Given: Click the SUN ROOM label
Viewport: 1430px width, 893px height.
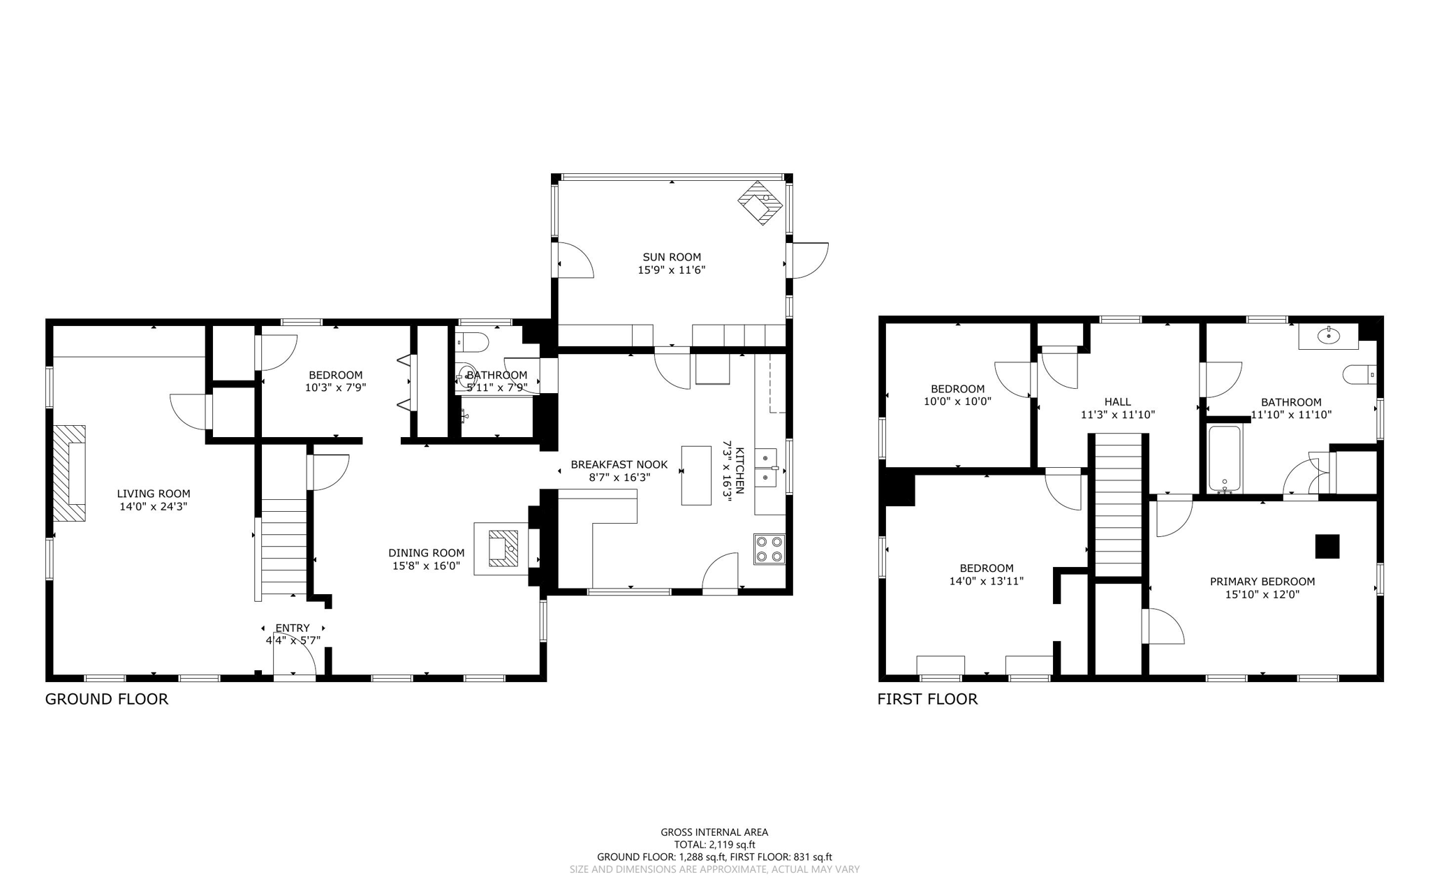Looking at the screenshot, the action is point(672,257).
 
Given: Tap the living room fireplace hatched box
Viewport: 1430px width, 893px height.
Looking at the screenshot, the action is point(70,473).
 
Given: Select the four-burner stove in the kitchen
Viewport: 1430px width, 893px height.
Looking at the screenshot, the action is point(769,549).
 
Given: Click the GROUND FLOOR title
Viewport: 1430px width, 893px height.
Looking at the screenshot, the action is point(107,699).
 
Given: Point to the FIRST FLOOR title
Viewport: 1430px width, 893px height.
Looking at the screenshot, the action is point(927,699).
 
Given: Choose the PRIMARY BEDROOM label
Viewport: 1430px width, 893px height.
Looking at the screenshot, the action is point(1262,582).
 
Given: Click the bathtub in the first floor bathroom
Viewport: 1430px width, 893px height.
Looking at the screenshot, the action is point(1225,459).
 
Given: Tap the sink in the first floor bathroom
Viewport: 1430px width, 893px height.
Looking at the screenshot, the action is point(1328,337).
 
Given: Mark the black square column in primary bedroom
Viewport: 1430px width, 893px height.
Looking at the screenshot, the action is point(1327,547).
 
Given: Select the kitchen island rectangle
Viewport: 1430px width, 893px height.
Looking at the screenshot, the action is point(696,475).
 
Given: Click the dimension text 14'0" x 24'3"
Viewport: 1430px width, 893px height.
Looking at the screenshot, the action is point(154,507).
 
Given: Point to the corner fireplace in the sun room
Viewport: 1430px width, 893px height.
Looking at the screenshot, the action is point(760,203).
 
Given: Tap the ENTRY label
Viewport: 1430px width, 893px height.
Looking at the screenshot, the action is point(293,628).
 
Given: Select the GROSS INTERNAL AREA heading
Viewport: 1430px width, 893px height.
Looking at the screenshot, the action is point(714,832).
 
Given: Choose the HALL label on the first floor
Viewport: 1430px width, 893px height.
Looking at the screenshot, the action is point(1118,401).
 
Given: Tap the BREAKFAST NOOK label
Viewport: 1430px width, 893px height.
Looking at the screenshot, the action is point(619,464).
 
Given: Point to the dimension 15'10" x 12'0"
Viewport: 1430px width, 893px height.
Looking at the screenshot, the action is point(1262,595).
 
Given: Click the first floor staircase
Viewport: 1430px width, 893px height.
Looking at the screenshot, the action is point(1118,505).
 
